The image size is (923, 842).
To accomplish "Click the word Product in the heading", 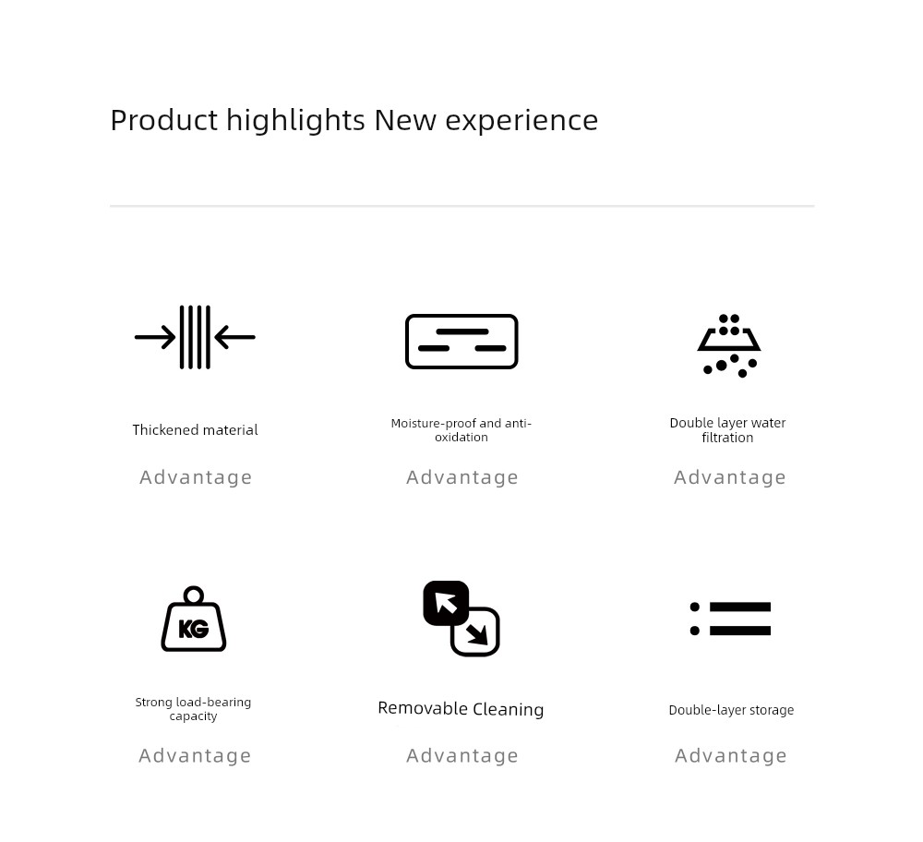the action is [164, 120].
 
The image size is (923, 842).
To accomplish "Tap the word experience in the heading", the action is [521, 121].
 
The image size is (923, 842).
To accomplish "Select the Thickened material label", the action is [195, 430].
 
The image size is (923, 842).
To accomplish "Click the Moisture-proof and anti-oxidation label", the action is [461, 430].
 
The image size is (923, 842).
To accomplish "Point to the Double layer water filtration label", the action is [727, 430].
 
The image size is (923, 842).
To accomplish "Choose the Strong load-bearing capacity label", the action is [193, 709].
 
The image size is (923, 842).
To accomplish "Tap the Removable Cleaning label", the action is [461, 709].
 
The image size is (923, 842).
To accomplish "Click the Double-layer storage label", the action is [731, 710].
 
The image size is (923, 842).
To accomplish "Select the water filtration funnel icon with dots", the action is [729, 346].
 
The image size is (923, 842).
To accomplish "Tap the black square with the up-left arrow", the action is [446, 603].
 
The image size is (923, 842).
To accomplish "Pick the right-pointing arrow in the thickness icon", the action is [155, 337].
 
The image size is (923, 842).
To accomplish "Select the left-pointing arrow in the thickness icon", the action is [234, 337].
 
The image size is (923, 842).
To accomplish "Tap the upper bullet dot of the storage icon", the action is [695, 607].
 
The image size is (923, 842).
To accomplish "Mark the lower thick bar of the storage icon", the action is [740, 631].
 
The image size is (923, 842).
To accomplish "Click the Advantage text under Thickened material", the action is [196, 477].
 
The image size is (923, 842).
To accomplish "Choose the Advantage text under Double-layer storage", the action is [730, 755].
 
